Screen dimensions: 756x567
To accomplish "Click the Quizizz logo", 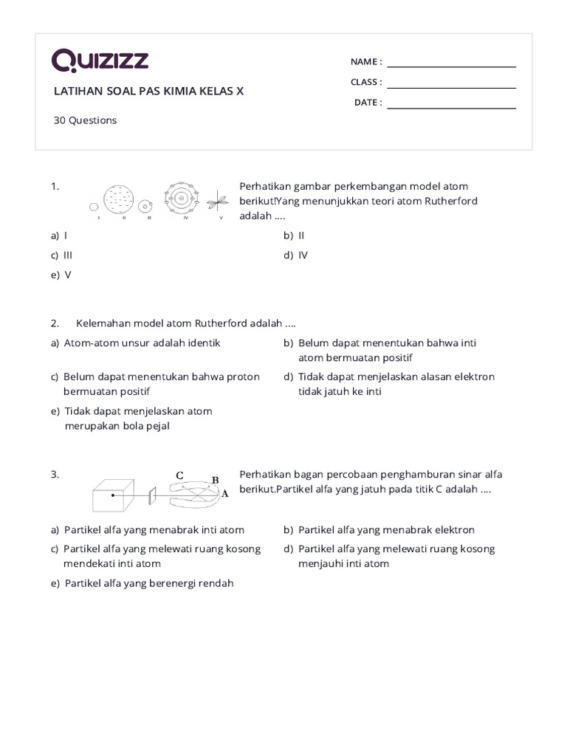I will coord(100,61).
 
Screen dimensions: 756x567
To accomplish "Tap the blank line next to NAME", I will coord(451,63).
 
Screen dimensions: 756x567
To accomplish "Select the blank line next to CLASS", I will coord(451,83).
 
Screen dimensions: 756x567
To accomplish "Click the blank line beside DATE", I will coord(451,104).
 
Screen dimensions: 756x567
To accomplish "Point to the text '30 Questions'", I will coord(85,120).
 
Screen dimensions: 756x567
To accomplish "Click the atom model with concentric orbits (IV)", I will coord(181,198).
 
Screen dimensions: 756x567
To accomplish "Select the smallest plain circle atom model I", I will coord(94,207).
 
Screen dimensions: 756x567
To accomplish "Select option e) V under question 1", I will coord(67,275).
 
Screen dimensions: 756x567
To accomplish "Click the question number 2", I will coord(55,323).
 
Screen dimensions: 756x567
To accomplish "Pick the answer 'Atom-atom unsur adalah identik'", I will coord(142,343).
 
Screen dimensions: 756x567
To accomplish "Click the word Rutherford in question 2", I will coord(223,323).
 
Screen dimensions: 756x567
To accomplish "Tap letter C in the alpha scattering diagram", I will coord(179,475).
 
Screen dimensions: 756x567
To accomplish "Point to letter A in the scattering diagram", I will coord(224,494).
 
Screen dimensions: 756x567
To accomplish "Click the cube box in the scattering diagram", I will coord(112,495).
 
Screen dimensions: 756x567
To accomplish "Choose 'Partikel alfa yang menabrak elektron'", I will coord(386,530).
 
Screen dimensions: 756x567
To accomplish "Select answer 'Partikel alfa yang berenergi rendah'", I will coord(148,583).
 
